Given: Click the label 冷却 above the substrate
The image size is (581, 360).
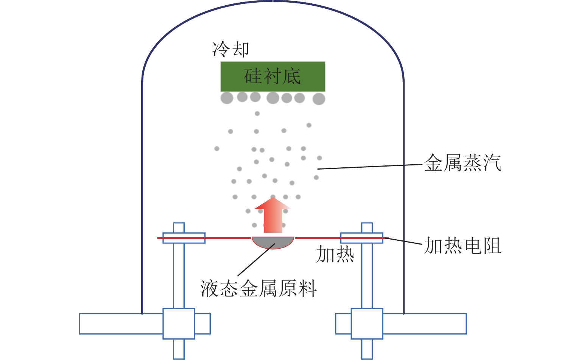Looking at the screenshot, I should click(231, 49).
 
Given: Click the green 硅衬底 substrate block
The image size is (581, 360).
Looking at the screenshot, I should click(273, 76).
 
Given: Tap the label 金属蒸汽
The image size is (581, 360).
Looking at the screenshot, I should click(462, 163).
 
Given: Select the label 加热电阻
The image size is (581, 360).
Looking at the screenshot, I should click(462, 246).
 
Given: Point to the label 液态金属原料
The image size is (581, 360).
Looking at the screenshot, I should click(258, 288).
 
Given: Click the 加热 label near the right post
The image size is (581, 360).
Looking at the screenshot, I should click(335, 254).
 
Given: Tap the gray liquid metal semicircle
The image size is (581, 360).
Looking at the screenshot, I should click(273, 242).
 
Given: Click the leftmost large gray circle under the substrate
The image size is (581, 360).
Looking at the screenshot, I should click(227, 98).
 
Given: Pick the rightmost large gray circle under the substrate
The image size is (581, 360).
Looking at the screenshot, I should click(319, 99).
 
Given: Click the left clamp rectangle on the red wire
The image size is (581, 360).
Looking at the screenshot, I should click(184, 238).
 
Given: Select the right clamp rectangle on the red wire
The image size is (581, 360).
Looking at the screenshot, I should click(361, 238).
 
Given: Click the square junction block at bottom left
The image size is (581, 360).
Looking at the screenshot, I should click(179, 324).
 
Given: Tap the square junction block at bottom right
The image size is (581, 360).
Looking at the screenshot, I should click(367, 324).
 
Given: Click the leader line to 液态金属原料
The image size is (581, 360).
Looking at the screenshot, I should click(256, 259).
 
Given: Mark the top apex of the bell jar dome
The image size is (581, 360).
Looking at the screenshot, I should click(273, 1).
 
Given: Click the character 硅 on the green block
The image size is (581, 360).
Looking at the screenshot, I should click(253, 76).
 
